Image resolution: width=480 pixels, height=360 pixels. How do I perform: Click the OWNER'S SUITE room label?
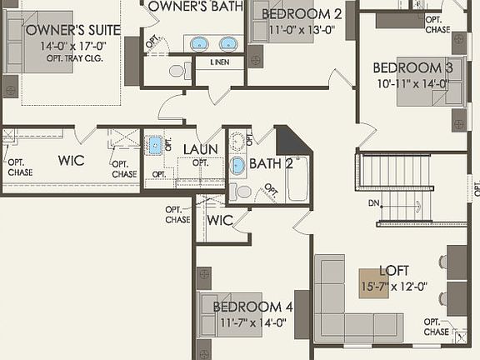tap(72, 30)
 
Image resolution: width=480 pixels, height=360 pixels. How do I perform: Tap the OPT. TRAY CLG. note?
tap(74, 59)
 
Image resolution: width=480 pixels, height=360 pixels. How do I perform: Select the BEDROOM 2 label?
tap(301, 14)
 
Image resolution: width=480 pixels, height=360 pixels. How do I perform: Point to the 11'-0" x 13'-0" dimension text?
tap(301, 30)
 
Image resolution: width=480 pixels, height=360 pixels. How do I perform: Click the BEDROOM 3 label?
tap(412, 67)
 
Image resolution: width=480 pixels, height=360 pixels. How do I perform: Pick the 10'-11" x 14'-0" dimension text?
tap(412, 83)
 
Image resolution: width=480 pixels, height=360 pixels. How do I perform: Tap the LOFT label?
tap(394, 270)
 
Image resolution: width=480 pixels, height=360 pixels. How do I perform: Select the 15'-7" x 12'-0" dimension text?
tap(393, 286)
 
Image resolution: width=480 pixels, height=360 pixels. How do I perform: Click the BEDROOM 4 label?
tap(252, 306)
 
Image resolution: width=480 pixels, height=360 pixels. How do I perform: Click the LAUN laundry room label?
tap(200, 149)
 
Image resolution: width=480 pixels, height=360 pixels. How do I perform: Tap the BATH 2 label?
tap(271, 163)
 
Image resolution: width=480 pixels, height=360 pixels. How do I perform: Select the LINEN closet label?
tap(220, 62)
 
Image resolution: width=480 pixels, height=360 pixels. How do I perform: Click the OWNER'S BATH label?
tap(196, 7)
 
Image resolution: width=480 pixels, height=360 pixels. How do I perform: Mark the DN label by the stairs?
tap(373, 202)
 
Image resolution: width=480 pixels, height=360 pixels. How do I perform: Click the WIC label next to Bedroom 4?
tap(219, 221)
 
